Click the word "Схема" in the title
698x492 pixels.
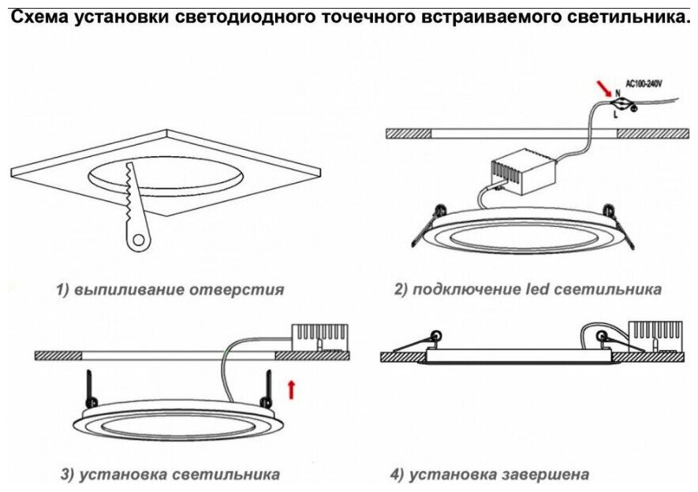(x=39, y=17)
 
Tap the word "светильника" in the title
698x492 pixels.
(x=628, y=17)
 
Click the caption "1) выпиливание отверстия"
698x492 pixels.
(x=170, y=289)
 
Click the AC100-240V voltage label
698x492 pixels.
(x=644, y=83)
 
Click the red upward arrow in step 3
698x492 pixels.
(x=291, y=388)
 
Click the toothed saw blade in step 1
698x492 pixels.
(x=129, y=193)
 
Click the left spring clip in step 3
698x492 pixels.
(x=91, y=386)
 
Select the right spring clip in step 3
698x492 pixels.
(x=269, y=386)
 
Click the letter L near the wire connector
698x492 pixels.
(x=615, y=114)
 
